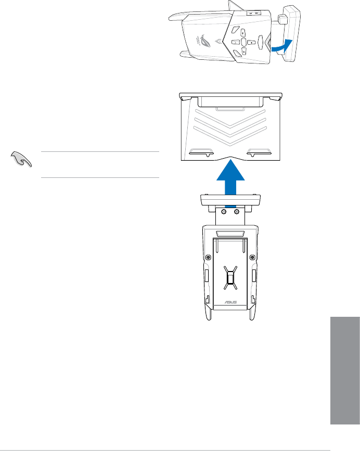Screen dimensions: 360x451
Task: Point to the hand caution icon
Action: point(21,161)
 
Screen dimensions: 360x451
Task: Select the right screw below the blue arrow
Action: point(237,212)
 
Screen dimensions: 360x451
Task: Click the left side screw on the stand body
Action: point(208,256)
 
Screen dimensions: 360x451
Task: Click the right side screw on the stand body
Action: point(253,256)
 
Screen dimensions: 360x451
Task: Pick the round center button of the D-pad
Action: point(243,41)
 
